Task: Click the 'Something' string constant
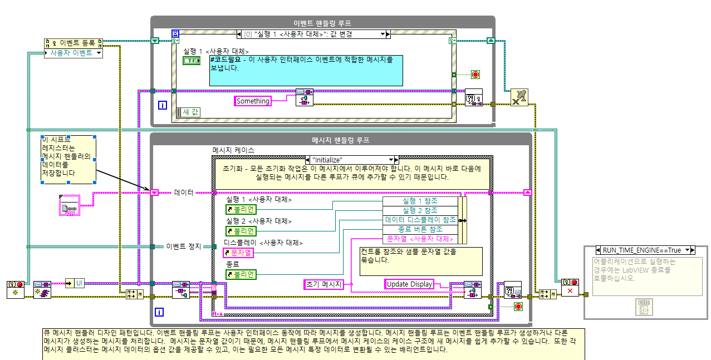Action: pyautogui.click(x=253, y=101)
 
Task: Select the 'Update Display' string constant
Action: pyautogui.click(x=409, y=284)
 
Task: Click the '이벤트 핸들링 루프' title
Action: pyautogui.click(x=322, y=23)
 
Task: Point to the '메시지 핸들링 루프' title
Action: pyautogui.click(x=340, y=140)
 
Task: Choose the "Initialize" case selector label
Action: pyautogui.click(x=351, y=160)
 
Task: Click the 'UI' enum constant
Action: pyautogui.click(x=79, y=284)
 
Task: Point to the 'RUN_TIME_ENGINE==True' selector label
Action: pyautogui.click(x=645, y=250)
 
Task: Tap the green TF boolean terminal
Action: pyautogui.click(x=191, y=61)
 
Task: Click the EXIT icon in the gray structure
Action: pyautogui.click(x=644, y=305)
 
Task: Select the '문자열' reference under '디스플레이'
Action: pyautogui.click(x=238, y=253)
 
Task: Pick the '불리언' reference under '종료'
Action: pyautogui.click(x=241, y=274)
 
